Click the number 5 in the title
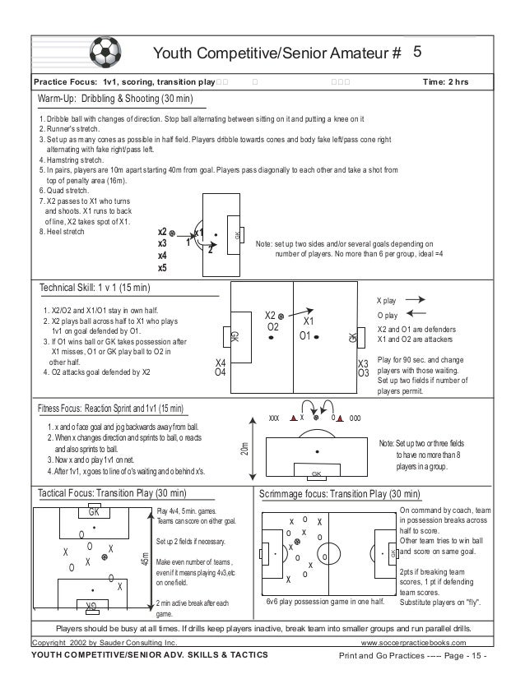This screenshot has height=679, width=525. click(417, 52)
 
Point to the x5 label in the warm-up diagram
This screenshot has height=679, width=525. click(162, 267)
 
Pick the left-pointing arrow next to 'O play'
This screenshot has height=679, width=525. click(416, 315)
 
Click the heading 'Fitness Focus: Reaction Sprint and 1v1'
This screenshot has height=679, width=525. click(114, 409)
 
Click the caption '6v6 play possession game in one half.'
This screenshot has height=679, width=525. click(326, 602)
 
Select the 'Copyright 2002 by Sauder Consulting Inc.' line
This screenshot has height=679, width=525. click(104, 640)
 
